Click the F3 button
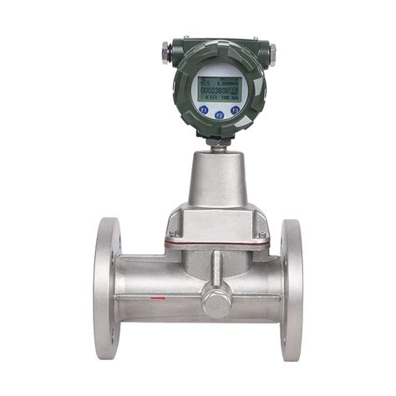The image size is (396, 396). (236, 109)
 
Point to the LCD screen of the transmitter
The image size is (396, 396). (218, 90)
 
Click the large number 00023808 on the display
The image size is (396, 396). (216, 90)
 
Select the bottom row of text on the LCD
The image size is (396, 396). (218, 99)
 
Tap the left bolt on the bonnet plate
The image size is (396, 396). (172, 234)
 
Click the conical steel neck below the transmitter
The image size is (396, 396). (217, 180)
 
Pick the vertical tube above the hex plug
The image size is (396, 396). (217, 267)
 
